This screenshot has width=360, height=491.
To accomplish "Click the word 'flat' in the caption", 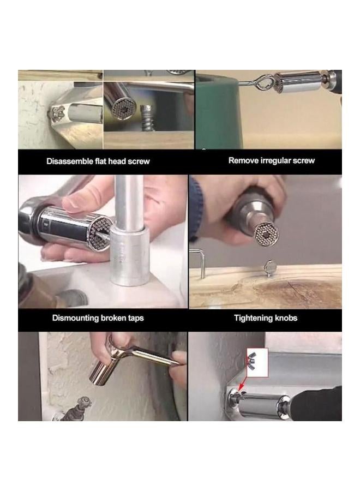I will [x=104, y=161].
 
